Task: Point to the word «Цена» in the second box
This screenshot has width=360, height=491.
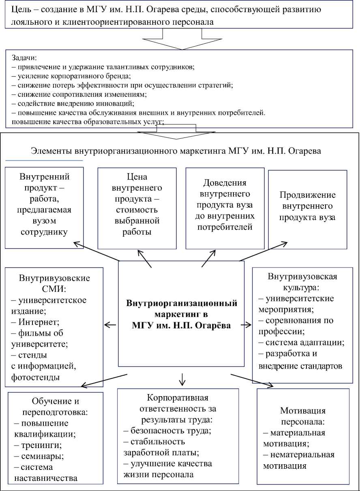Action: (137, 177)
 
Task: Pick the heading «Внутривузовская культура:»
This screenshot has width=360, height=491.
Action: (303, 282)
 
